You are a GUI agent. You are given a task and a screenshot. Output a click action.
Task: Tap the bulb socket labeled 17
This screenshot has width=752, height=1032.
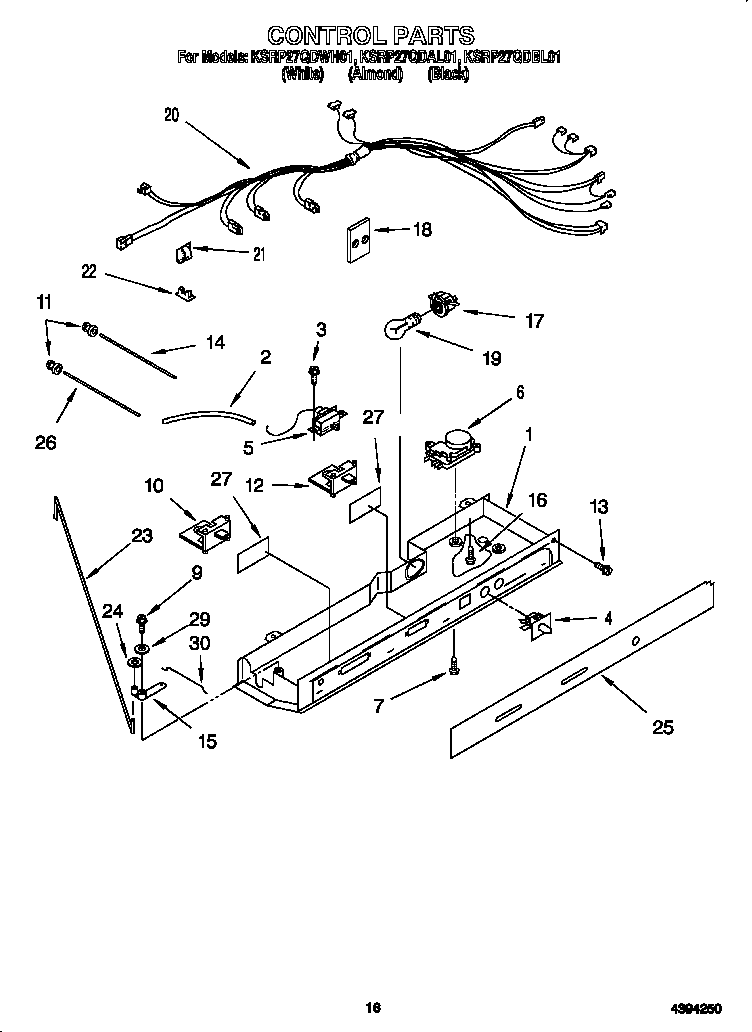tap(440, 301)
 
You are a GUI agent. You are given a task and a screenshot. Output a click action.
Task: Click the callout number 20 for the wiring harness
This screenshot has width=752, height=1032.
tap(172, 115)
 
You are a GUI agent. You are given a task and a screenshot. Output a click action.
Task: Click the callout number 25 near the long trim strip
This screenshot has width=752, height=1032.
tap(663, 727)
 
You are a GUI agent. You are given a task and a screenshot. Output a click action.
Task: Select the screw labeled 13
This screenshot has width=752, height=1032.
tap(603, 568)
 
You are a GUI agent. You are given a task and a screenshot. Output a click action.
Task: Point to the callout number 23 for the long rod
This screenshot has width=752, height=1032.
tap(142, 536)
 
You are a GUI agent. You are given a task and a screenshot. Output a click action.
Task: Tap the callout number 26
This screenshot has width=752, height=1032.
tap(46, 441)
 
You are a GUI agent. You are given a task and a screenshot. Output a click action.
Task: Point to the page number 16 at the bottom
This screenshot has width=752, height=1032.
tap(373, 1008)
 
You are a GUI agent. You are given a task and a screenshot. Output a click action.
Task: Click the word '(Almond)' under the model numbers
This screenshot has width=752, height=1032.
tap(375, 73)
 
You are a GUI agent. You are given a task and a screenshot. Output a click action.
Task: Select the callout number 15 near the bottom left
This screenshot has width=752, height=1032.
tap(207, 742)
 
